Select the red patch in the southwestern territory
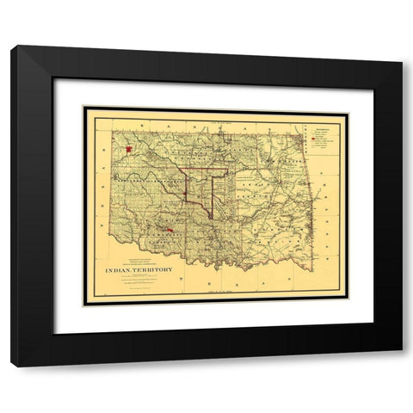(x=170, y=231)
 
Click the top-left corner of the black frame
(x=14, y=49)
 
